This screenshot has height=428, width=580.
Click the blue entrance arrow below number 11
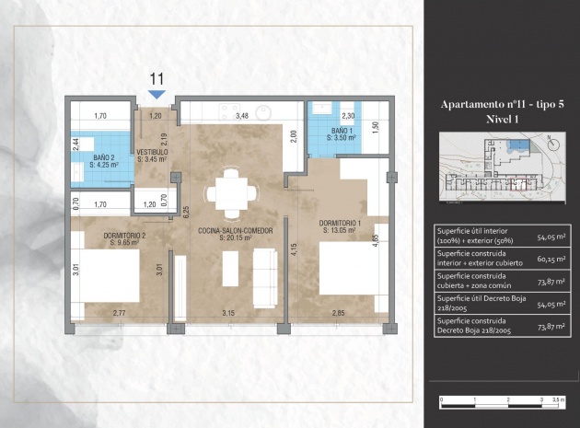pyautogui.click(x=157, y=93)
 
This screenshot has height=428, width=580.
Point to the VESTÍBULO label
pyautogui.click(x=152, y=156)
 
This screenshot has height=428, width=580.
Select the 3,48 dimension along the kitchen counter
pyautogui.click(x=241, y=116)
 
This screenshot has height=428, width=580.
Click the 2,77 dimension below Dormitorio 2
pyautogui.click(x=120, y=315)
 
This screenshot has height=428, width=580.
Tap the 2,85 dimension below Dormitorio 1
pyautogui.click(x=340, y=315)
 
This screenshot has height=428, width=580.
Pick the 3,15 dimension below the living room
pyautogui.click(x=229, y=315)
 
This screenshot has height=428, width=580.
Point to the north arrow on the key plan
pyautogui.click(x=551, y=143)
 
